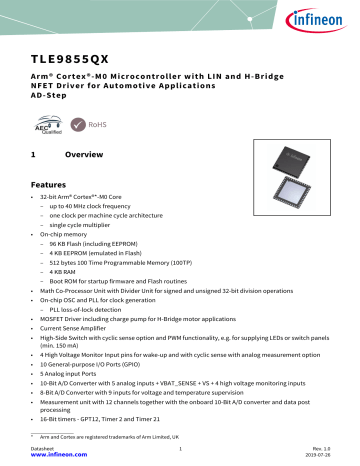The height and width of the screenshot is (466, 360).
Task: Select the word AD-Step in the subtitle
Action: tap(49, 97)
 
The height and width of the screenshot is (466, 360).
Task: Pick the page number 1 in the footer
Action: tap(180, 450)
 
